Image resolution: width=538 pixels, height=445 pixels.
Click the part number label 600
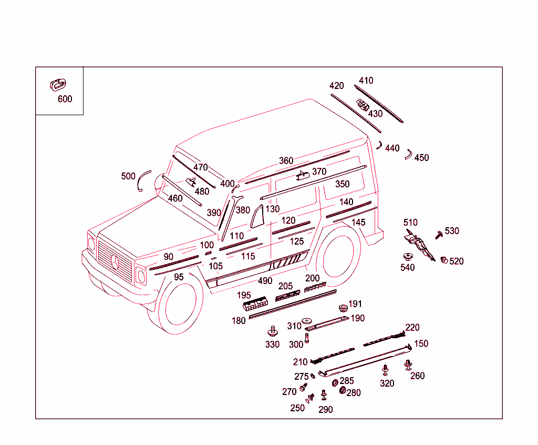tap(65, 99)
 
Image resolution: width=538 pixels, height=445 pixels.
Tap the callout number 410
tap(366, 80)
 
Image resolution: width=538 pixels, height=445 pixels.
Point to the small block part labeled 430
tap(363, 105)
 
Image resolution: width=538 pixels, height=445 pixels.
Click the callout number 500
tap(128, 176)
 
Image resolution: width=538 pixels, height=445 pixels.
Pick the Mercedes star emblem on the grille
tap(116, 261)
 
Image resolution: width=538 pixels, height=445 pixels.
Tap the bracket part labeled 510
tap(418, 242)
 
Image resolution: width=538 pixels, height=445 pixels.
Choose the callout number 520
tap(457, 261)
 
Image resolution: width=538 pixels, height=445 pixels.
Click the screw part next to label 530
tap(439, 234)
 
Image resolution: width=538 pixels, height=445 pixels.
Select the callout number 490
tap(265, 281)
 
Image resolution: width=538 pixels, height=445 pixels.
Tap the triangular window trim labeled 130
tap(257, 217)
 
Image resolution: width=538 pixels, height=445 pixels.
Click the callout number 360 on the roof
tap(286, 160)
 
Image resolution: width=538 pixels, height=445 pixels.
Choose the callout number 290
tap(326, 409)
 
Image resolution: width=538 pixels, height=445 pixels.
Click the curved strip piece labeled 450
tap(408, 154)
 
